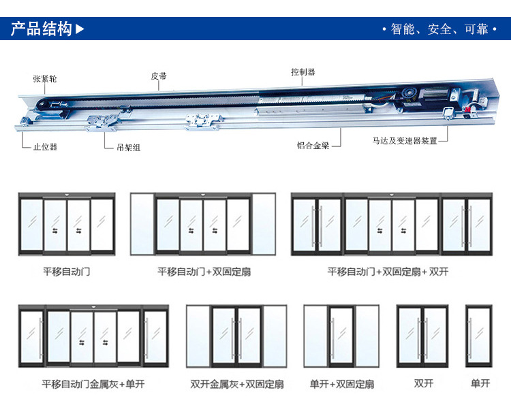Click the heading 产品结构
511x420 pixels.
pyautogui.click(x=42, y=29)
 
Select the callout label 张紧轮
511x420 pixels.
pyautogui.click(x=45, y=79)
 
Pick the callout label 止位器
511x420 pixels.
pyautogui.click(x=45, y=146)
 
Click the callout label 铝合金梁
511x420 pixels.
pyautogui.click(x=313, y=145)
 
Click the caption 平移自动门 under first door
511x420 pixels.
pyautogui.click(x=66, y=272)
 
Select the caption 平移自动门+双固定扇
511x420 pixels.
pyautogui.click(x=204, y=272)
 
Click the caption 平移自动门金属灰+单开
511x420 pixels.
pyautogui.click(x=93, y=384)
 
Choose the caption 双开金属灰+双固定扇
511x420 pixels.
pyautogui.click(x=236, y=384)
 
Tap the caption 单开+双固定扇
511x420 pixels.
pyautogui.click(x=341, y=384)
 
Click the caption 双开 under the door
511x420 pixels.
pyautogui.click(x=423, y=383)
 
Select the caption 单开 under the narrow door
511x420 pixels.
pyautogui.click(x=480, y=383)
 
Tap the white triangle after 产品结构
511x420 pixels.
pyautogui.click(x=80, y=29)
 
